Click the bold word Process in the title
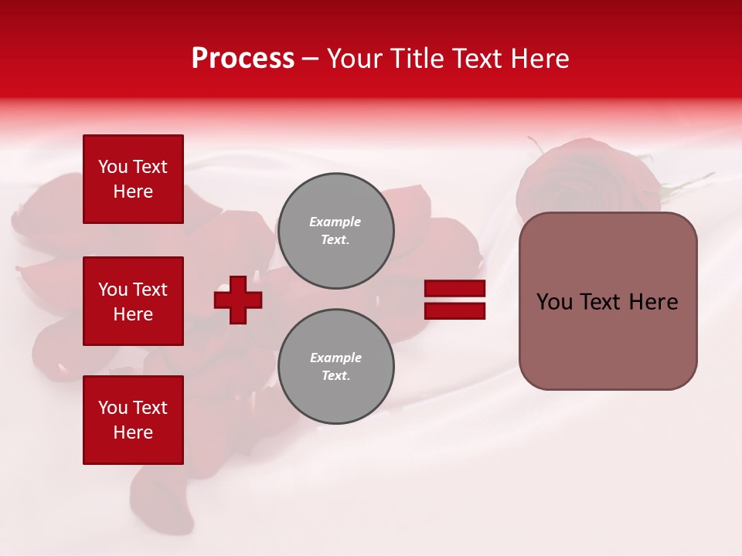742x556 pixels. click(243, 58)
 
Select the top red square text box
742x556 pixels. click(133, 179)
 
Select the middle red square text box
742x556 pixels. click(133, 301)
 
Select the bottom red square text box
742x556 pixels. click(133, 419)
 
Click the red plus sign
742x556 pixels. click(238, 300)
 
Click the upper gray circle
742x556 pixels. click(336, 231)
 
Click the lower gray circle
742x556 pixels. click(336, 367)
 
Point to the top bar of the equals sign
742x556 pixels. click(455, 289)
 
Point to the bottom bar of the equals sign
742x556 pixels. click(455, 311)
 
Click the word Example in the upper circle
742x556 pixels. click(335, 222)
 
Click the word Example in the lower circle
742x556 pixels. click(335, 358)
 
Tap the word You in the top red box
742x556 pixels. click(113, 167)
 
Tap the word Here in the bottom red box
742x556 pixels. click(133, 432)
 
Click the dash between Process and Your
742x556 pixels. click(310, 59)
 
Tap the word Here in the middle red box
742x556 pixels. click(133, 314)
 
